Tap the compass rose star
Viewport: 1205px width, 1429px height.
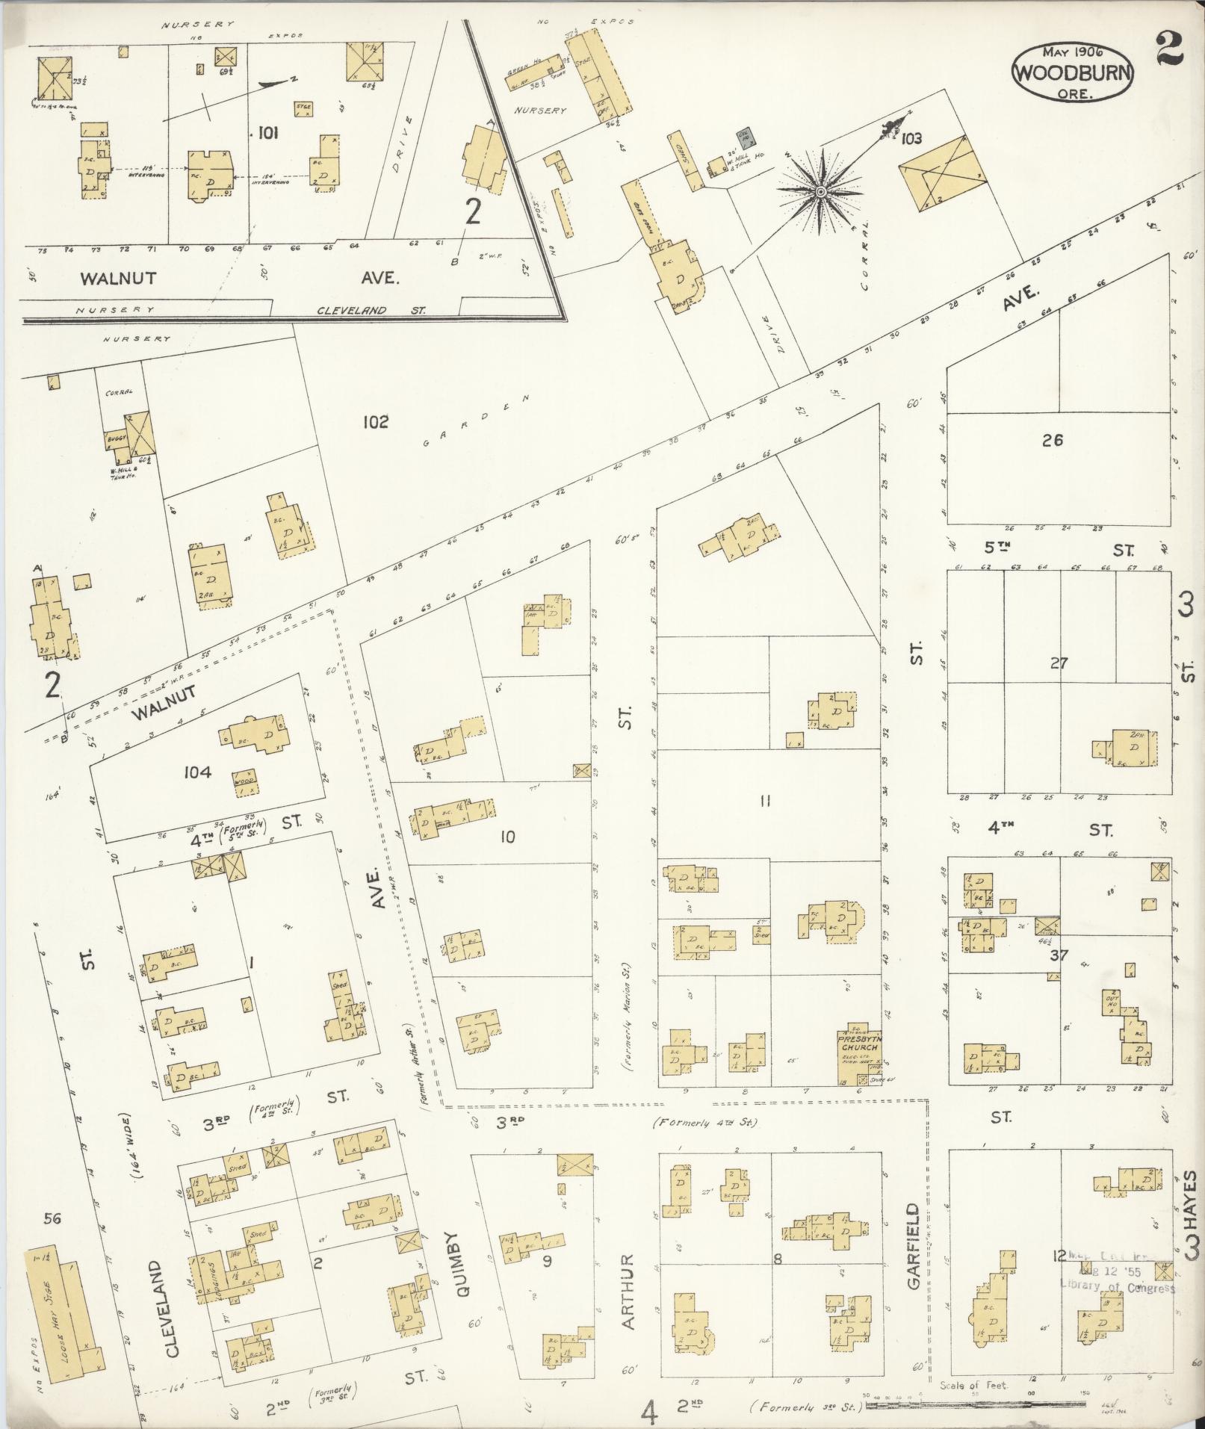click(820, 192)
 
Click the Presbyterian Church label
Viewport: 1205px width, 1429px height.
click(856, 1042)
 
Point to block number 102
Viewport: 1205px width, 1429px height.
click(376, 422)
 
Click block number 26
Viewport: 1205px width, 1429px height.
click(1053, 440)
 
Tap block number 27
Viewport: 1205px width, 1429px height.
click(1059, 663)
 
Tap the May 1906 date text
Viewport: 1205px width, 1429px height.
click(1072, 52)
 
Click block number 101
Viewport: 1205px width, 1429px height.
click(267, 134)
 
